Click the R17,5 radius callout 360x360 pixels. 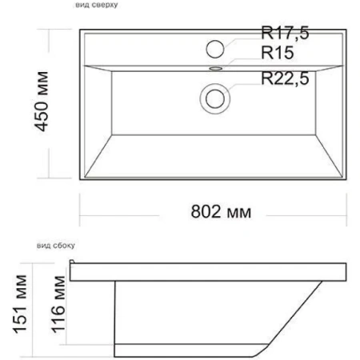[x=285, y=33]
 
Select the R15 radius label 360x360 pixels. [x=278, y=53]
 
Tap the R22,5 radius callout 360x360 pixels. [x=285, y=78]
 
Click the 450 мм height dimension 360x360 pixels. [x=42, y=102]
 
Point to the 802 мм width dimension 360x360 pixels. [x=221, y=212]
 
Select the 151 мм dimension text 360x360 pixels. [x=20, y=304]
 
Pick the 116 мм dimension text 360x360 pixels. [x=58, y=305]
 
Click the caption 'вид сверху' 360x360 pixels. [x=97, y=5]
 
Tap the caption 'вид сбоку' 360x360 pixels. [x=56, y=246]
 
